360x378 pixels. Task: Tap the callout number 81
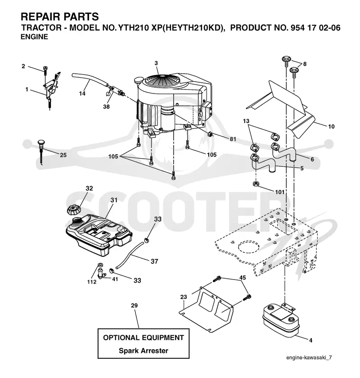coord(233,139)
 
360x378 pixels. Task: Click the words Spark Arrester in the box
coord(143,351)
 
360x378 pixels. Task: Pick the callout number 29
coord(135,306)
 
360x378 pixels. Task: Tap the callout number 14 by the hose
coord(82,93)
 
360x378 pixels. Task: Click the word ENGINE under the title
coord(34,37)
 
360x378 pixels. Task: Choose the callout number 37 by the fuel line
coord(154,261)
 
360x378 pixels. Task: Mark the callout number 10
coord(331,126)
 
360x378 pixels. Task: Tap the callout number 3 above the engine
coord(156,63)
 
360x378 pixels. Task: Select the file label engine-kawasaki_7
coord(309,357)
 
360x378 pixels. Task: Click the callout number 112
coord(92,282)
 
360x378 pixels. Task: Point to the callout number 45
coord(243,277)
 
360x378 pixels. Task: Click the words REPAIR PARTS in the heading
coord(60,17)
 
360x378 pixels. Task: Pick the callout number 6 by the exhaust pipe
coord(312,160)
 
